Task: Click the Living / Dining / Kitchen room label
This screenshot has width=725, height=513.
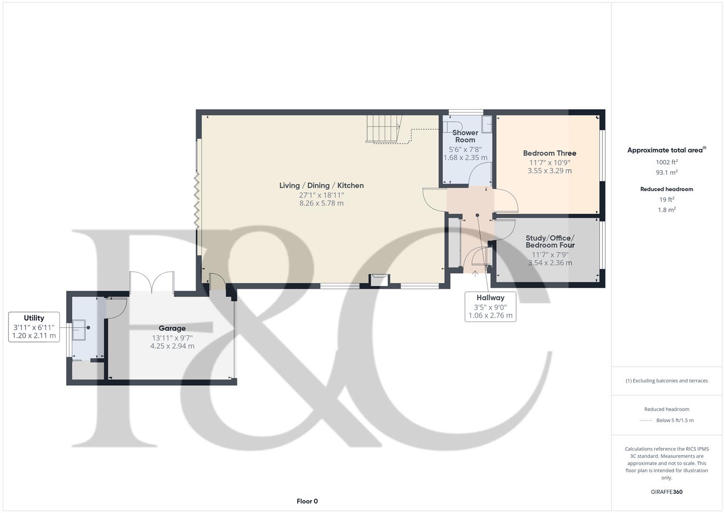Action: pyautogui.click(x=321, y=185)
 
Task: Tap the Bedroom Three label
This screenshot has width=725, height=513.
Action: pyautogui.click(x=549, y=153)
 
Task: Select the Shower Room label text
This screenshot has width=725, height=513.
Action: pyautogui.click(x=465, y=136)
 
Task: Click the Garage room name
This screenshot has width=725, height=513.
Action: pyautogui.click(x=172, y=328)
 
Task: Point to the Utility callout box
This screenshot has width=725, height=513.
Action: pyautogui.click(x=34, y=327)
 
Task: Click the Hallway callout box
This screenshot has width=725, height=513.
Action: pyautogui.click(x=490, y=306)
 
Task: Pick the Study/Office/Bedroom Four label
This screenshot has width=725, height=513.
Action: pyautogui.click(x=550, y=241)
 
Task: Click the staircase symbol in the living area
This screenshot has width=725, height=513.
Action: pyautogui.click(x=384, y=128)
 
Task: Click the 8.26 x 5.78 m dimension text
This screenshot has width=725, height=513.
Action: pyautogui.click(x=321, y=203)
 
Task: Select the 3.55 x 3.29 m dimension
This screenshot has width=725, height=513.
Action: pyautogui.click(x=549, y=171)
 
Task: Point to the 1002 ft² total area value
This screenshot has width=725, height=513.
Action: pyautogui.click(x=667, y=162)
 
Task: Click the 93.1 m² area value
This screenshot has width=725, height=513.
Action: pyautogui.click(x=667, y=172)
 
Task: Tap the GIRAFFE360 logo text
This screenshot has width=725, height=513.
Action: pyautogui.click(x=667, y=492)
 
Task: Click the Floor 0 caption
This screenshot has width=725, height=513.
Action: pyautogui.click(x=307, y=501)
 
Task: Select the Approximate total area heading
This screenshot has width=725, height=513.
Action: pyautogui.click(x=666, y=150)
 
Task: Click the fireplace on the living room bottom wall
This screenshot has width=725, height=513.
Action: pyautogui.click(x=379, y=280)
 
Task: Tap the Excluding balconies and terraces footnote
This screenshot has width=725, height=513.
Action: pyautogui.click(x=667, y=380)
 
